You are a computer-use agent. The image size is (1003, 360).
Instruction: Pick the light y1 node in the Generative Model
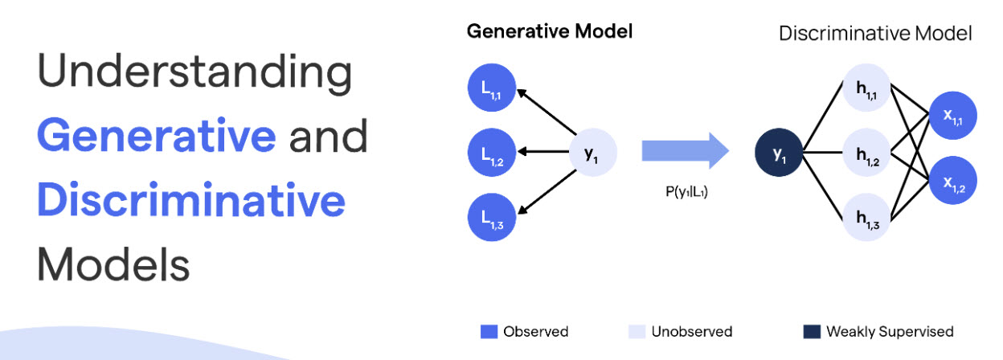pos(592,153)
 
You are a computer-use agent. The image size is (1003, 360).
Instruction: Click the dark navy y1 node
pos(780,153)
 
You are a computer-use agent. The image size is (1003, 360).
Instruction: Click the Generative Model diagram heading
pos(550,32)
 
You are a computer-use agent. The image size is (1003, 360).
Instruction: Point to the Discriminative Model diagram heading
pos(875,34)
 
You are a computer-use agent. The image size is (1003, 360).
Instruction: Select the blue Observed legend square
pos(488,331)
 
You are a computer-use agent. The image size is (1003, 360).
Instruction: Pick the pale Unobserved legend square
pos(638,331)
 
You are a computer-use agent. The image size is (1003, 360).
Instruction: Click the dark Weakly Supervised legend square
pos(812,331)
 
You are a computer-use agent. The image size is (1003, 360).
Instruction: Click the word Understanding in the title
pos(194,75)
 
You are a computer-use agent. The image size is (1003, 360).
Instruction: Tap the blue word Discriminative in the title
pos(191,201)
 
